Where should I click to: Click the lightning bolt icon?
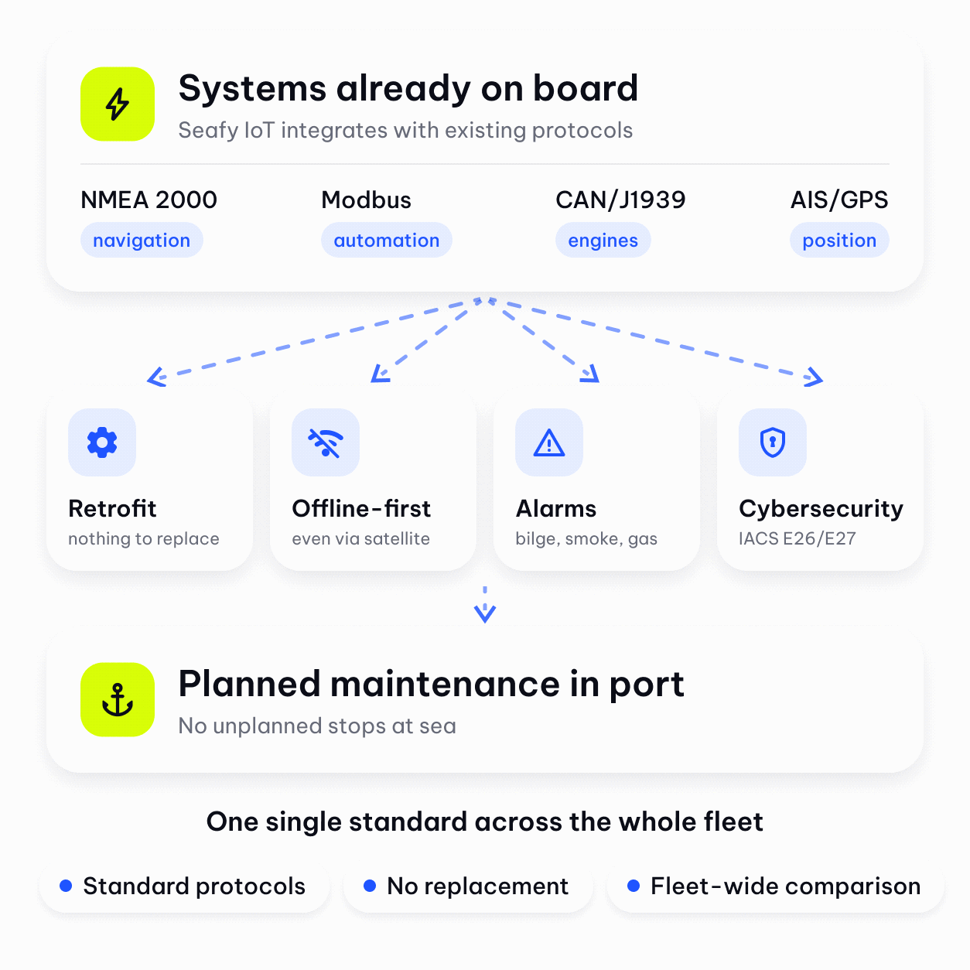[118, 104]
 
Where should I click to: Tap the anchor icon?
[118, 700]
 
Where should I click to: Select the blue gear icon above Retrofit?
[102, 442]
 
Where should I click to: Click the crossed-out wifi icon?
[326, 443]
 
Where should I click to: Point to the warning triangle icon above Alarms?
[549, 443]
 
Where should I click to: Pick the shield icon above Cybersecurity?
[773, 442]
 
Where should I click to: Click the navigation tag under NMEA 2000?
[142, 240]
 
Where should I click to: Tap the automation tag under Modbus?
[387, 240]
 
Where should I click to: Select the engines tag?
[603, 240]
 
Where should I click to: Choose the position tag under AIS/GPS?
[839, 240]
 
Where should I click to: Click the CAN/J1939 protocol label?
[620, 200]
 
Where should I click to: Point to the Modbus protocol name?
[366, 200]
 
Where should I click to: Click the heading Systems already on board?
[408, 88]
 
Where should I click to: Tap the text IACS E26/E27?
[797, 538]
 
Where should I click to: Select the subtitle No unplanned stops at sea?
[317, 726]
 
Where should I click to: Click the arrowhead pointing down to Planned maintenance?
[485, 613]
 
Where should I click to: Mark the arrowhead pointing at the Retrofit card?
[156, 377]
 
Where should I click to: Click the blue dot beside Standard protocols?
[66, 886]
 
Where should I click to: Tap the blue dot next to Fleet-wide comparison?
[634, 886]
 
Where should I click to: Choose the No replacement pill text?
[477, 886]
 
